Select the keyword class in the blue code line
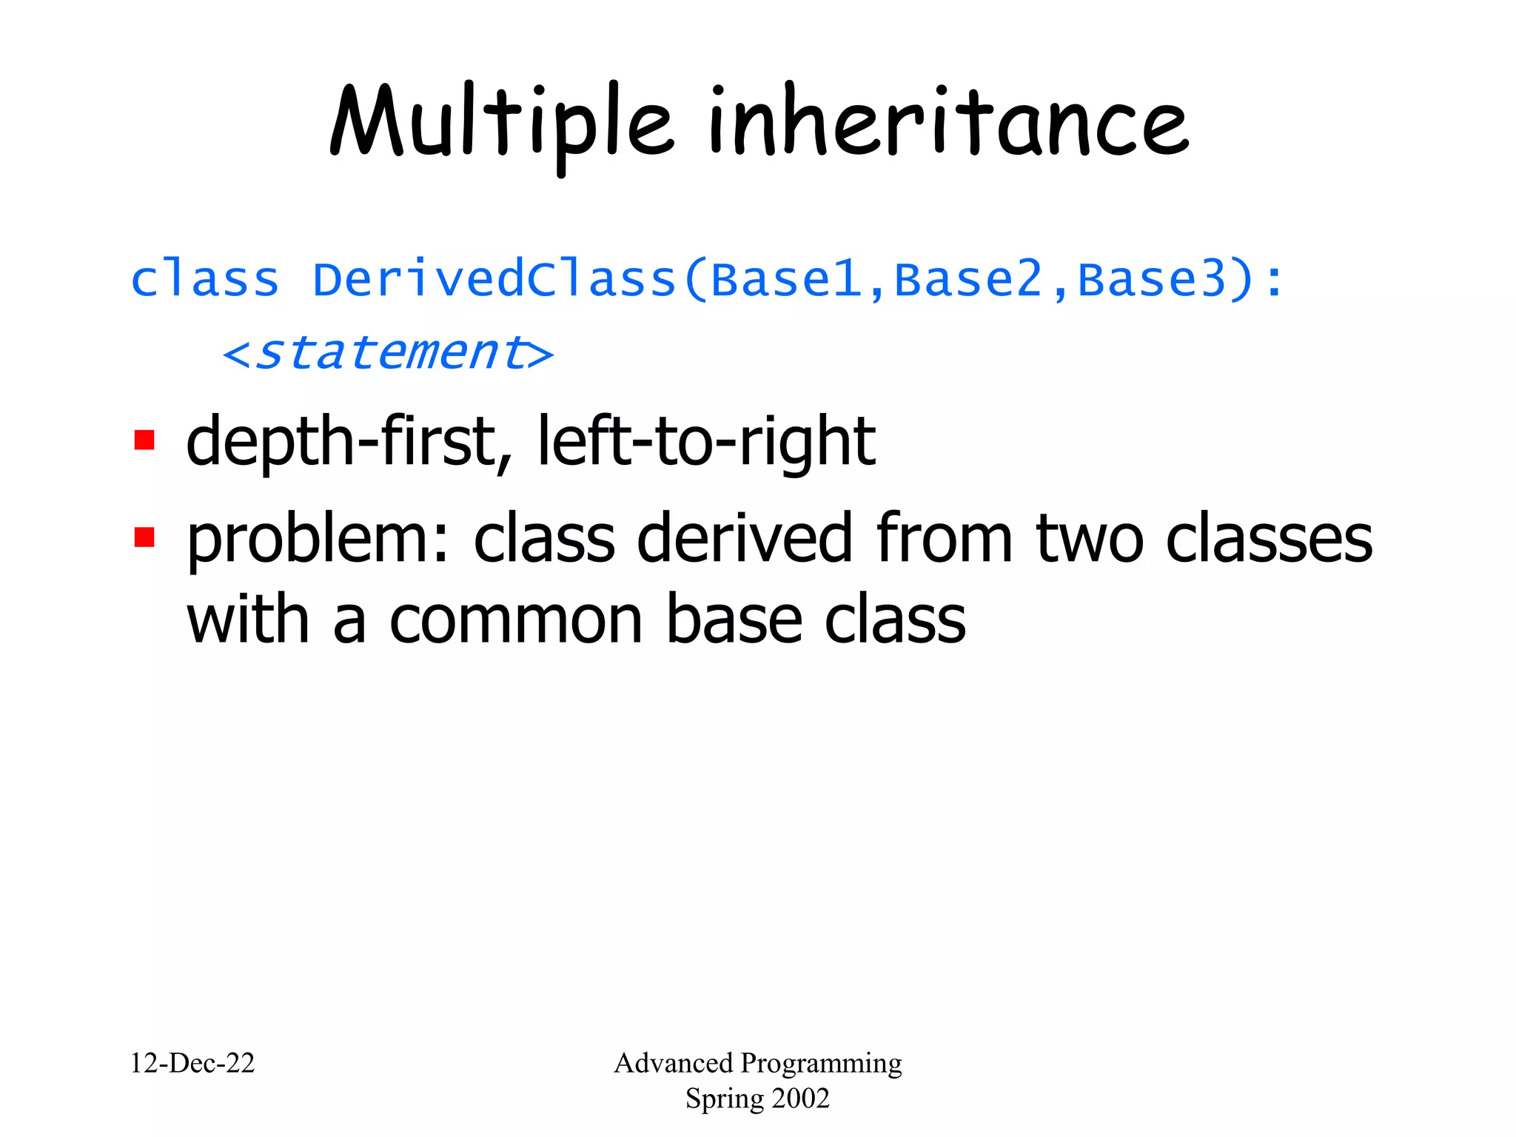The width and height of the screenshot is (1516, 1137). click(205, 280)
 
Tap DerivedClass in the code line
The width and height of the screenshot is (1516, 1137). click(494, 280)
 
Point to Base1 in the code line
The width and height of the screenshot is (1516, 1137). click(786, 280)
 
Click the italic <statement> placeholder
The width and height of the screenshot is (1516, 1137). click(388, 353)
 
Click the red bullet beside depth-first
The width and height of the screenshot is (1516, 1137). click(144, 440)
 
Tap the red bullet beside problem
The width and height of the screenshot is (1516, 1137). click(144, 537)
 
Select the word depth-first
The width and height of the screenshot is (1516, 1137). click(341, 442)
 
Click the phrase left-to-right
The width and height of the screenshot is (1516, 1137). click(706, 442)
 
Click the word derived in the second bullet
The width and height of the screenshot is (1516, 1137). click(744, 539)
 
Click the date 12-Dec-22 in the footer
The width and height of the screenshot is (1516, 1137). click(192, 1063)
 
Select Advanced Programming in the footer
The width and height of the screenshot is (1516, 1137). click(758, 1063)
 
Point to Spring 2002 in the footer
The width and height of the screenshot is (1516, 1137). click(758, 1099)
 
